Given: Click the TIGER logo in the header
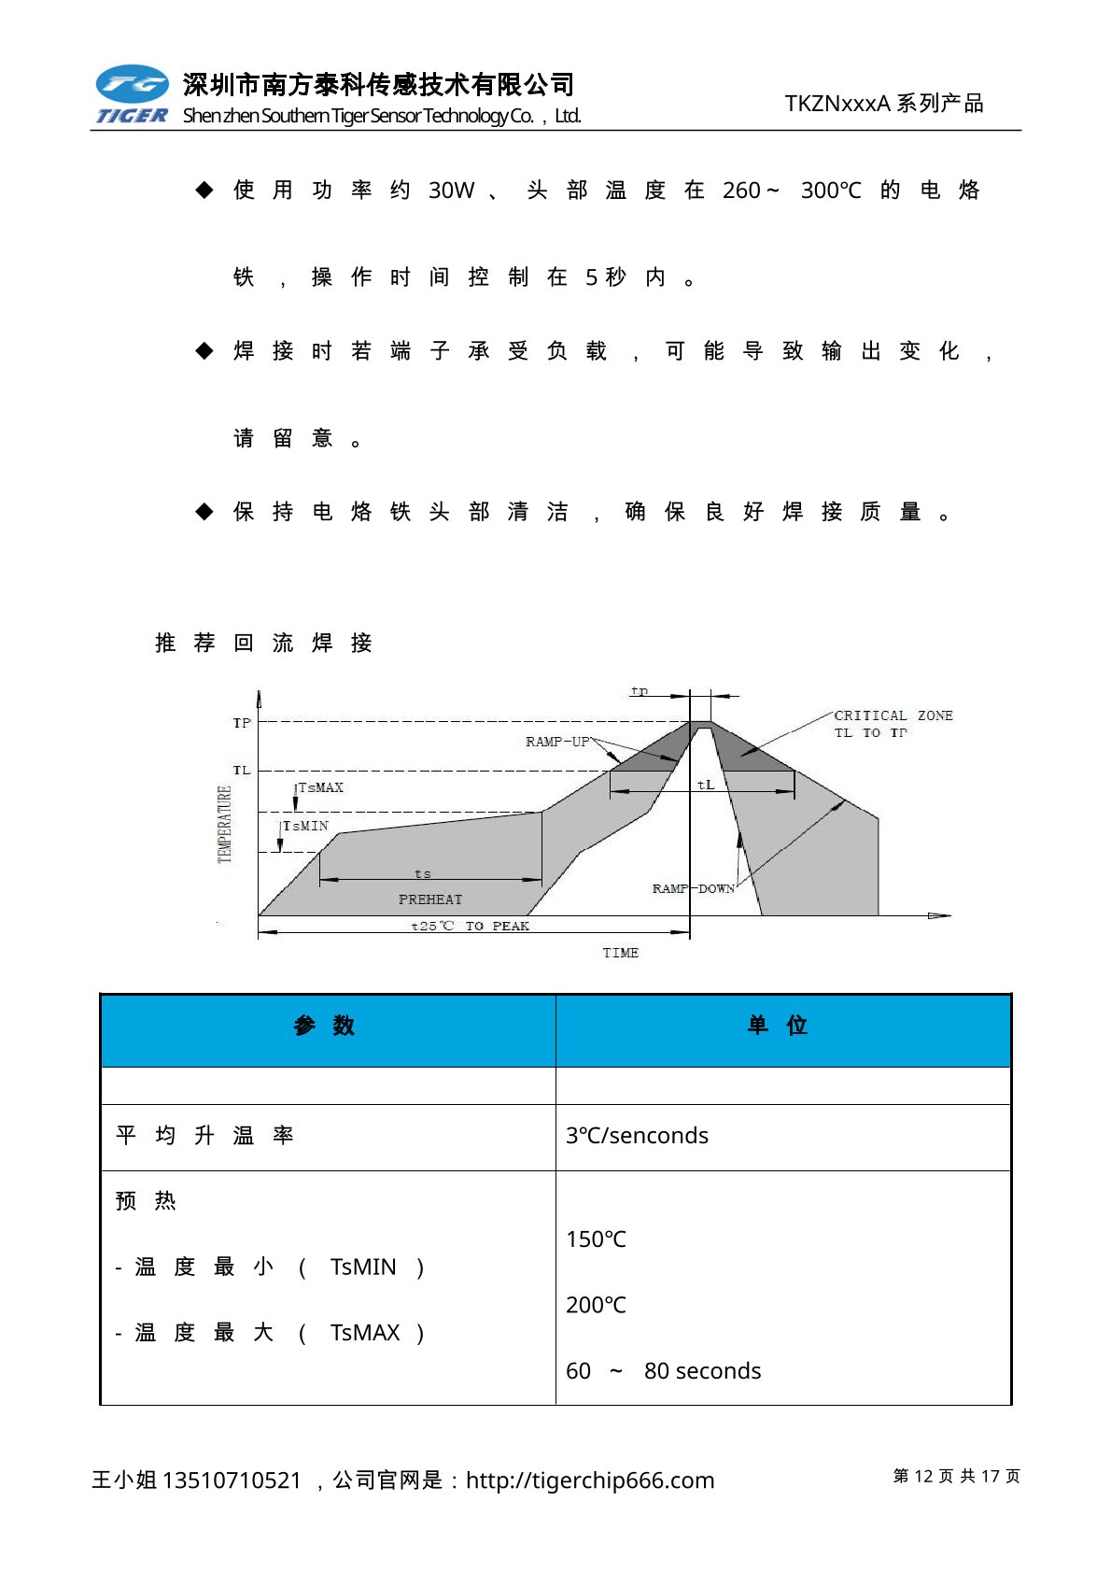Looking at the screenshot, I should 132,94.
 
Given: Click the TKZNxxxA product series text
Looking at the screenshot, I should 884,104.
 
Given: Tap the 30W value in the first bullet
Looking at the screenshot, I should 451,191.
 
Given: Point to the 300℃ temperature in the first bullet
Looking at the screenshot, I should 830,191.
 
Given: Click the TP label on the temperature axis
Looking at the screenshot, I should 242,723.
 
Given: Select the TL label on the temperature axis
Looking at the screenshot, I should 242,771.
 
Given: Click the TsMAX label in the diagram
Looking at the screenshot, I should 320,787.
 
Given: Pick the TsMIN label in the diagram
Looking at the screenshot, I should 305,826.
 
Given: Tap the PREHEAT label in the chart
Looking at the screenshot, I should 430,899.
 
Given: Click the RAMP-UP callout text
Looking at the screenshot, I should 557,742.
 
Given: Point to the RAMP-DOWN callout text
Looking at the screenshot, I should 693,888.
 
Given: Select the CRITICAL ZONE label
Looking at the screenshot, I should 893,715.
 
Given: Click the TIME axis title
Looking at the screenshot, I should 620,953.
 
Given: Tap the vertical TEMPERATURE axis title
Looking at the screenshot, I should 225,824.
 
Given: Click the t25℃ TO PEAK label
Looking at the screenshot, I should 471,926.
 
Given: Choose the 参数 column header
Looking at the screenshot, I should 325,1026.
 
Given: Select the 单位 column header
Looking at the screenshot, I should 778,1026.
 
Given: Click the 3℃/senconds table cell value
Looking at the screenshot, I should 637,1136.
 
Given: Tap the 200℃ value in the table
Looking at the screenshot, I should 596,1305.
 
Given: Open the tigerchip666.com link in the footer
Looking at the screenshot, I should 589,1480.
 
